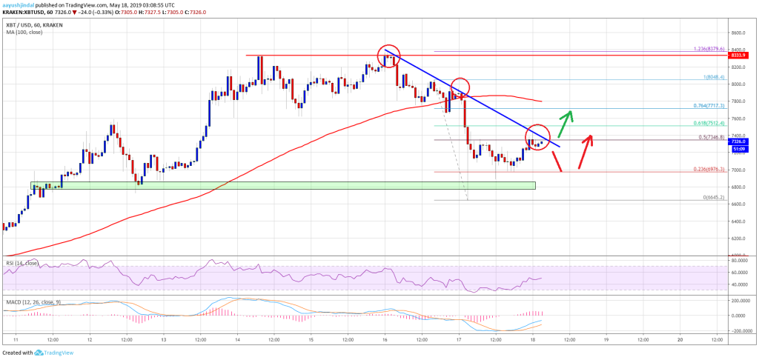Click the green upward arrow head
tap(569, 114)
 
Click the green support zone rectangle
tap(282, 184)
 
